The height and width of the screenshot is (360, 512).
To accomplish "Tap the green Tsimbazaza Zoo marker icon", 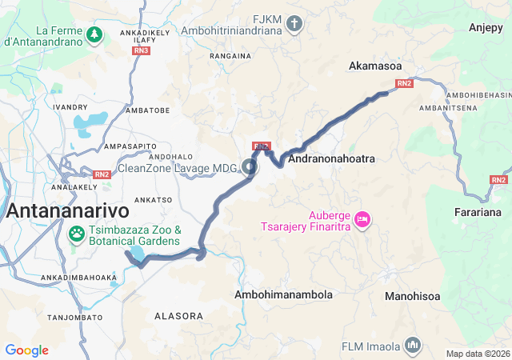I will coord(77,234).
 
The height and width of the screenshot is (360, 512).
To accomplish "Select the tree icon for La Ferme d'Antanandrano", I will coord(95,34).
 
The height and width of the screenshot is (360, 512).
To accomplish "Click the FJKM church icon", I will coord(294,22).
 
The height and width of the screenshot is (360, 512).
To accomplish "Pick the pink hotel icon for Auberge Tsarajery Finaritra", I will coord(362,218).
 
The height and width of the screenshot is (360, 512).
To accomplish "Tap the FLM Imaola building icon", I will coord(413,345).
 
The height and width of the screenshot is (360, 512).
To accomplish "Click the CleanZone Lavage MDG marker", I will coord(250,167).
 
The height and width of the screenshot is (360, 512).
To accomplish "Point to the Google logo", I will coord(26,350).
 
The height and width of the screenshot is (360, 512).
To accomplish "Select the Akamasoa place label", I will coord(374,67).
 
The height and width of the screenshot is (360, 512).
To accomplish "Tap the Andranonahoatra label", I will coord(331,159).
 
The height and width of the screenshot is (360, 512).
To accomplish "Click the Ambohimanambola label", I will coord(283,295).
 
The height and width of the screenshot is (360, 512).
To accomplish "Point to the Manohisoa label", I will coord(412,296).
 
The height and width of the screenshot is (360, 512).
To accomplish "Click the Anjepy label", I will coord(485,28).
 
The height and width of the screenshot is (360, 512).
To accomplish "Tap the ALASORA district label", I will coord(178,316).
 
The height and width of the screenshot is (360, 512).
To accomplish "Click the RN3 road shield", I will coord(141,50).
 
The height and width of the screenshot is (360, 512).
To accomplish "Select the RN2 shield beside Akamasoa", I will coord(403,82).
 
